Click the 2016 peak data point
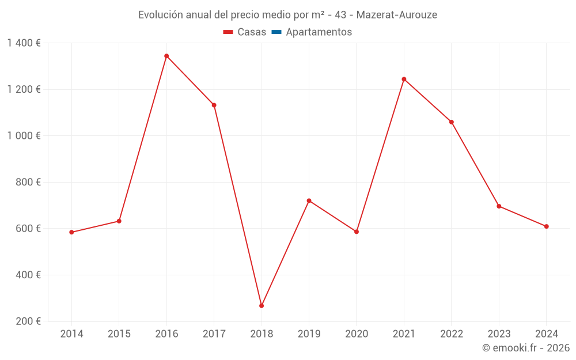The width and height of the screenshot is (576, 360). [166, 56]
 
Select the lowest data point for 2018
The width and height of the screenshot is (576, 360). [262, 306]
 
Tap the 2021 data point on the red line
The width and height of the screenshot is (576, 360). [404, 79]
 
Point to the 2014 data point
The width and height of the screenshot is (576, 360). [71, 232]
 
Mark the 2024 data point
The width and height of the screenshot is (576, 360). [546, 226]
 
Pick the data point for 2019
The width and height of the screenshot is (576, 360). [309, 200]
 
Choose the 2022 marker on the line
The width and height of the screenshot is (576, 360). [451, 122]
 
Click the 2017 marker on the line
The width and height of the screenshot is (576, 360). [214, 105]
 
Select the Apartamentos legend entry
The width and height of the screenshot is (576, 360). [319, 32]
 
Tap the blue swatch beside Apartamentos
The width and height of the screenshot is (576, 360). [276, 32]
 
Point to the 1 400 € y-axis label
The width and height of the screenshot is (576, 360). [24, 43]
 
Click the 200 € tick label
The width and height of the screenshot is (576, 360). [28, 321]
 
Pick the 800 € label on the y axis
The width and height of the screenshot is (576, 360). [28, 182]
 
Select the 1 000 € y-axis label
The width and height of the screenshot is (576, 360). [24, 135]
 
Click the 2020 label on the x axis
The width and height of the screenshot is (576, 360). [357, 334]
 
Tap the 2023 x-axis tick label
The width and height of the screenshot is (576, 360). [499, 334]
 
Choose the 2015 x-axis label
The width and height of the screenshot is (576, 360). [119, 334]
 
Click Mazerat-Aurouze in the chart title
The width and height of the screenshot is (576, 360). [396, 15]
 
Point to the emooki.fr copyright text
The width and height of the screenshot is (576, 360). [526, 348]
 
